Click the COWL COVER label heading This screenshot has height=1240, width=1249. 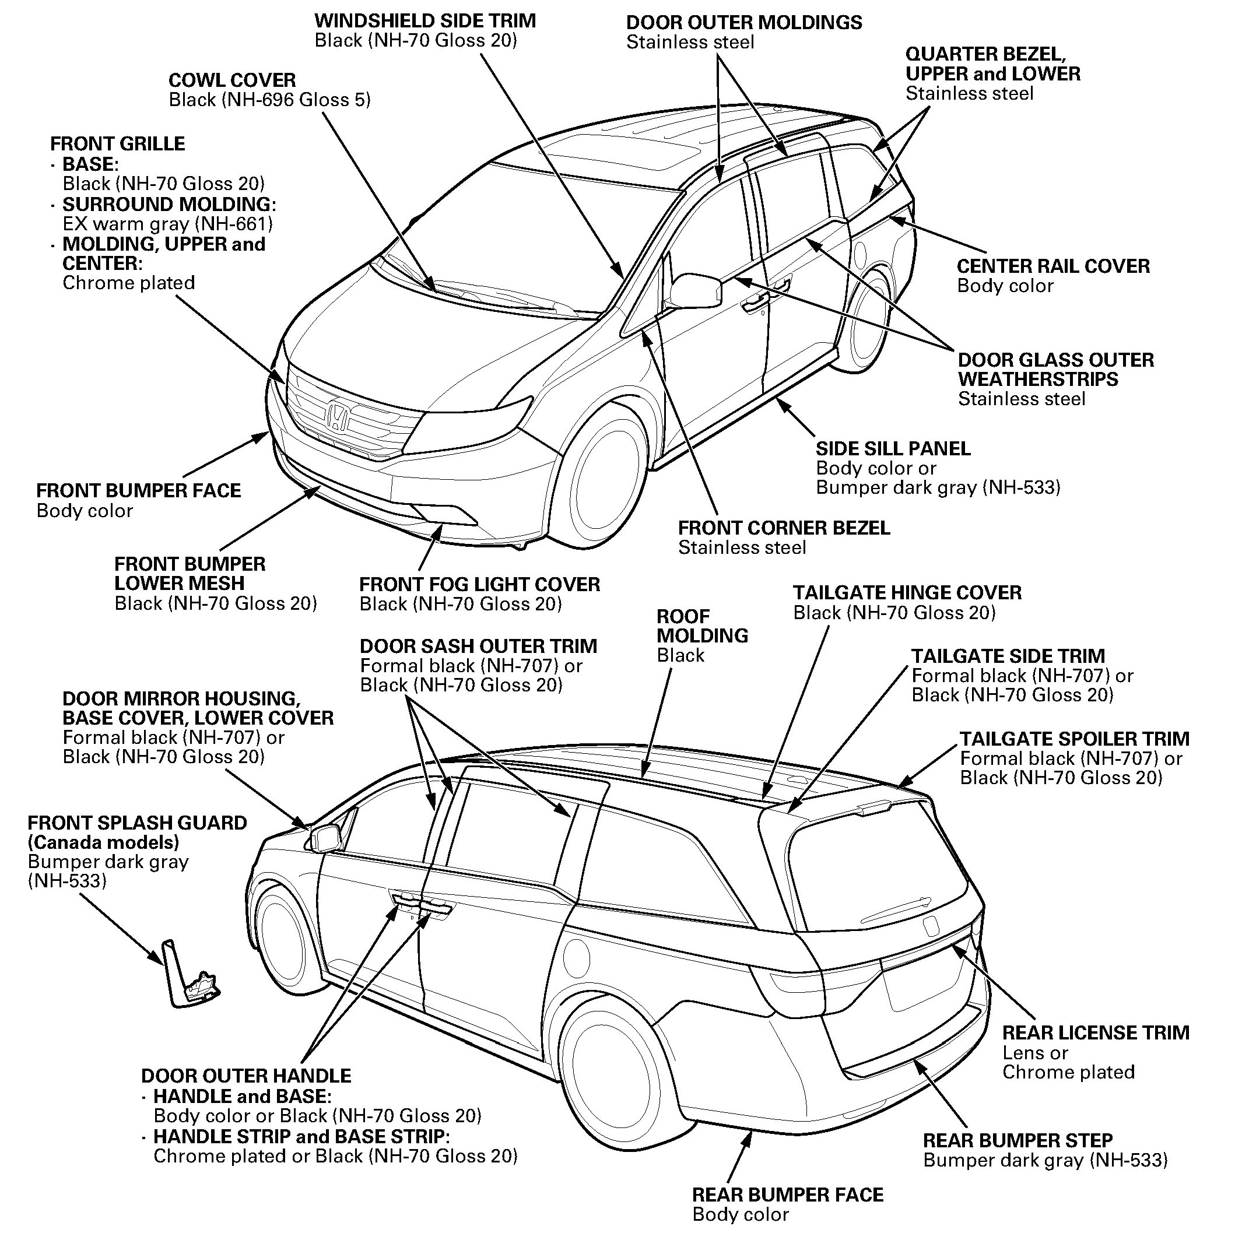coord(232,80)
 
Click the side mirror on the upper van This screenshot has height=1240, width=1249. coord(696,291)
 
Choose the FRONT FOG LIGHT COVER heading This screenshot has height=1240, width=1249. coord(479,585)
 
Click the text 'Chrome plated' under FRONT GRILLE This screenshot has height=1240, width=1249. coord(128,283)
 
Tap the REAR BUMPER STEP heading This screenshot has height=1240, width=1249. coord(1018,1140)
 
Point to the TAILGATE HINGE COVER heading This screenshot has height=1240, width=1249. coord(907,593)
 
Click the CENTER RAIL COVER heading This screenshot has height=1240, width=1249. coord(1053,266)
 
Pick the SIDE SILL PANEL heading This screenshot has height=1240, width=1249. coord(893,449)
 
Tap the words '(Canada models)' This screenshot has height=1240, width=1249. coord(103,842)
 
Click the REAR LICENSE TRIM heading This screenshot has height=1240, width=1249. coord(1096,1033)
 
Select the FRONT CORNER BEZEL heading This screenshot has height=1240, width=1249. coord(784,528)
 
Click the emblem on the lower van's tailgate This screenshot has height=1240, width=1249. coord(930,926)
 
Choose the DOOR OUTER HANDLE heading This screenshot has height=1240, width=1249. coord(245,1076)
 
